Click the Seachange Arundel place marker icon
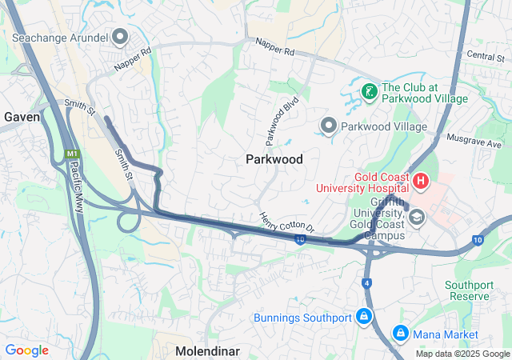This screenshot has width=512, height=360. pyautogui.click(x=121, y=37)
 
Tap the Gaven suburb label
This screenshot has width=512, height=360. pyautogui.click(x=22, y=117)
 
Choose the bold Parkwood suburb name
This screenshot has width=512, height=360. pyautogui.click(x=274, y=159)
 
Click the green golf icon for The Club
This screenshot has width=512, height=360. pyautogui.click(x=369, y=92)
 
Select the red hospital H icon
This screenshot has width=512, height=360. pyautogui.click(x=421, y=182)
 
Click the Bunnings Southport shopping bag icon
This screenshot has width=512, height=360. pyautogui.click(x=364, y=317)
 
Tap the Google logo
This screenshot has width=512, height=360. pyautogui.click(x=26, y=350)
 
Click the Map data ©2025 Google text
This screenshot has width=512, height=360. pyautogui.click(x=462, y=354)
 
